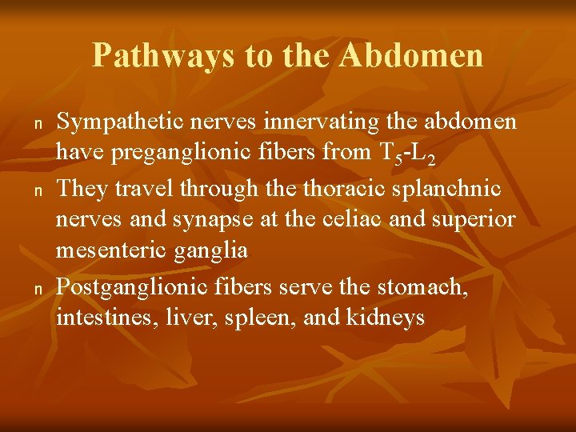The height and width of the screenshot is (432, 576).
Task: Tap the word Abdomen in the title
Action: [411, 56]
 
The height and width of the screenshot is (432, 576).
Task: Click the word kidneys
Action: [385, 318]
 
